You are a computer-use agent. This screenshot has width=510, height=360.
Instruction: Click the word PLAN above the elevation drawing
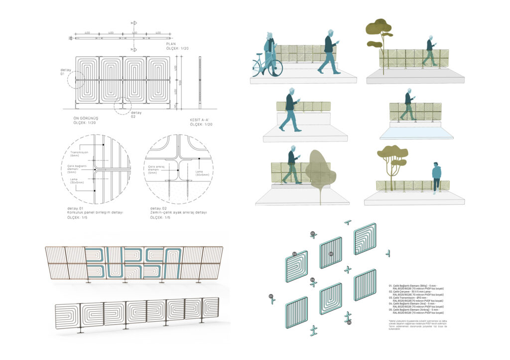point(171,44)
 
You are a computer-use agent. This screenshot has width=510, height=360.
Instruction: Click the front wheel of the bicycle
point(275,68)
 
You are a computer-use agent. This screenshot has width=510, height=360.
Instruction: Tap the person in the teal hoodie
point(436,177)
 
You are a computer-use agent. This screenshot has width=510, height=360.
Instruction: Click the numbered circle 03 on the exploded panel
point(331,254)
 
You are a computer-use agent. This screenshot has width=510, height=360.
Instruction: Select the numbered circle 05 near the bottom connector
point(349,323)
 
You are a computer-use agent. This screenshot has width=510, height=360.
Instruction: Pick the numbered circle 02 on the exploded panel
point(295,254)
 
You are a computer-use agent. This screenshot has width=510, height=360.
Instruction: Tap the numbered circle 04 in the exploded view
point(312,280)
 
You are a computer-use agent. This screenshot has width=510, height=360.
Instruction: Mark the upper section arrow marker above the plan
point(134,23)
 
